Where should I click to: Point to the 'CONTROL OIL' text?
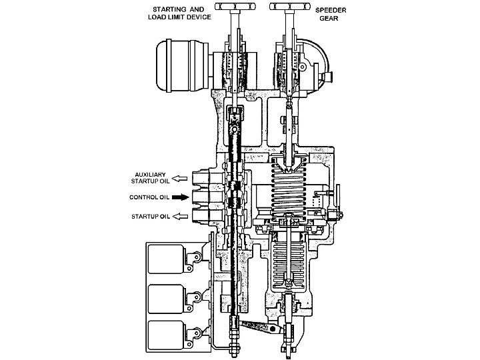coord(150,197)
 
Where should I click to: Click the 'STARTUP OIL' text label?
coord(151,217)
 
